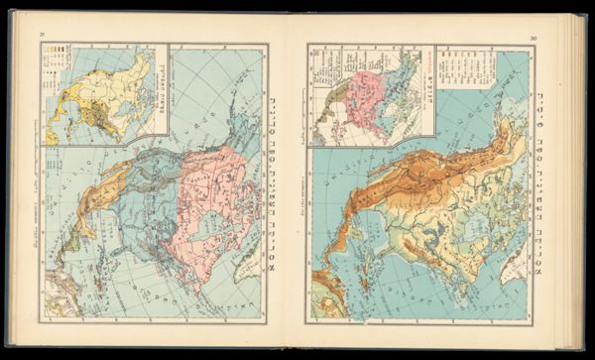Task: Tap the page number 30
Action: [x=533, y=38]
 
